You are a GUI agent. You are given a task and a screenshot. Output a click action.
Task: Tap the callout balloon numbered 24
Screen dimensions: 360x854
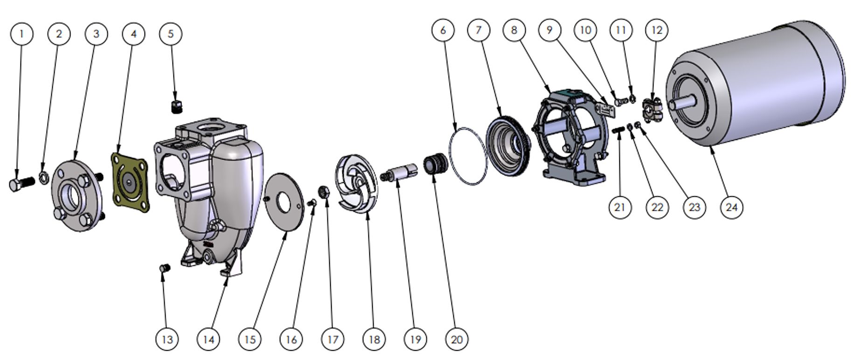731,207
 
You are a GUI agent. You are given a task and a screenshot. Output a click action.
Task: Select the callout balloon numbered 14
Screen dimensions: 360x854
208,339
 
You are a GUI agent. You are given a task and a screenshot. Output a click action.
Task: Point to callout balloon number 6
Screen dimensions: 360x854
443,30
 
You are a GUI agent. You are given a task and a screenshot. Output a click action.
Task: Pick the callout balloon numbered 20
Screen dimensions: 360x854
457,339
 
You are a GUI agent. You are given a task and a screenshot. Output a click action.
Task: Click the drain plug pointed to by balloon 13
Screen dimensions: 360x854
165,268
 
